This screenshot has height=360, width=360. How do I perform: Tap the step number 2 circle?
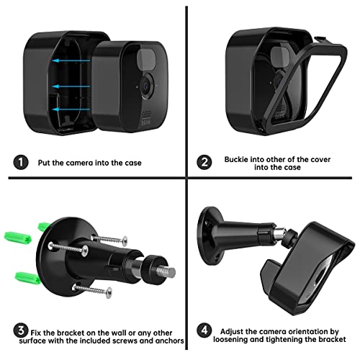(204, 163)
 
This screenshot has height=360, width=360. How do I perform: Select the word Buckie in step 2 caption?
(238, 158)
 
